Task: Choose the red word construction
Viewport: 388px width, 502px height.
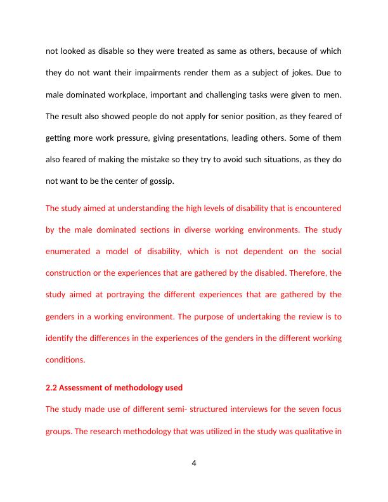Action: coord(72,273)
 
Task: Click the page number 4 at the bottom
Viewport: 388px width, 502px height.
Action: coord(194,463)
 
